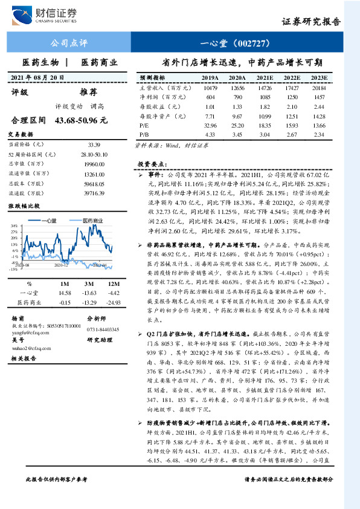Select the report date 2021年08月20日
click(x=37, y=77)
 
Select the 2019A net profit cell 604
click(x=210, y=97)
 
